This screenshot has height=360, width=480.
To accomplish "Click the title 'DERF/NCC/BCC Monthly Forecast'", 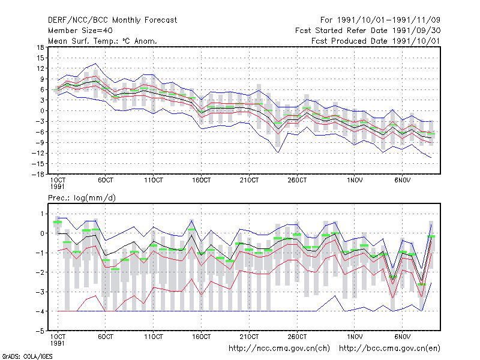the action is click(112, 20).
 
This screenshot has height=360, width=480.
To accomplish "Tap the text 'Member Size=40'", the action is click(80, 31).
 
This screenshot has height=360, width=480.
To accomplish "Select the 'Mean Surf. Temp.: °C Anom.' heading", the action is click(103, 41).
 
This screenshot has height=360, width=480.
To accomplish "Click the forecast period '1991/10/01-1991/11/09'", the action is click(388, 20).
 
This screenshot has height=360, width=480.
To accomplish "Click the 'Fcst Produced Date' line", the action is click(376, 41).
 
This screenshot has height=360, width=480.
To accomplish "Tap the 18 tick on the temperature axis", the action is click(41, 47).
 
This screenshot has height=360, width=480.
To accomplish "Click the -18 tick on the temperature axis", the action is click(38, 174).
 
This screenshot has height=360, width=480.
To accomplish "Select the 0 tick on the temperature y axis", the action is click(42, 111).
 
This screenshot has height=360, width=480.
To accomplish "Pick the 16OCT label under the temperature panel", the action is click(202, 180).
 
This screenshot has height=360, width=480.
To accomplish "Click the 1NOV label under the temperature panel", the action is click(355, 180).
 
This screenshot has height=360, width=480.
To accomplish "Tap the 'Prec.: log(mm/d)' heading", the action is click(82, 198).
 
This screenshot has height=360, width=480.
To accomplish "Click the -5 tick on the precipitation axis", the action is click(40, 331).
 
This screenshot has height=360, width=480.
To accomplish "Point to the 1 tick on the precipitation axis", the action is click(43, 214).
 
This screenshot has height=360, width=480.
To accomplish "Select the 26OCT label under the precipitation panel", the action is click(297, 337).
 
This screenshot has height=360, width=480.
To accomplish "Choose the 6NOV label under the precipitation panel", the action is click(402, 337).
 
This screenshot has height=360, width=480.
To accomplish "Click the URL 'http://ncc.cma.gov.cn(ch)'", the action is click(279, 349).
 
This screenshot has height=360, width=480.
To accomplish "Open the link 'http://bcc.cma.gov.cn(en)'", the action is click(389, 349).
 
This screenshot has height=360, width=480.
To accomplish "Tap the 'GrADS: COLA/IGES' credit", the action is click(27, 356).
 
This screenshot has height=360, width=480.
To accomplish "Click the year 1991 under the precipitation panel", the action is click(57, 343).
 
